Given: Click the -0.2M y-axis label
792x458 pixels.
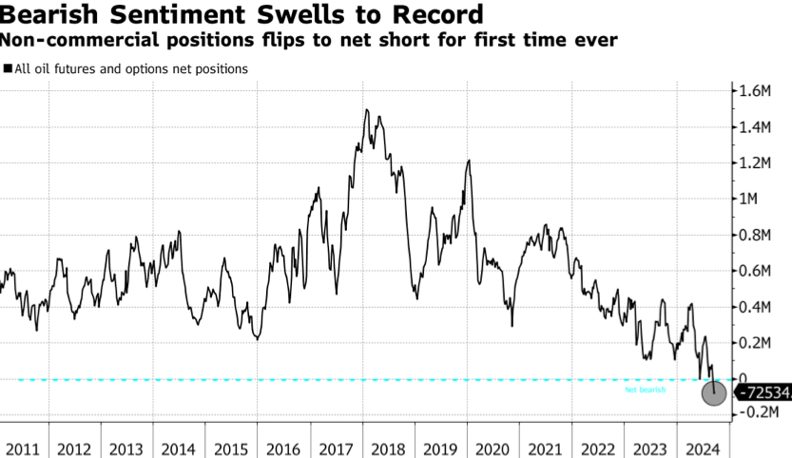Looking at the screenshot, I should (761, 413).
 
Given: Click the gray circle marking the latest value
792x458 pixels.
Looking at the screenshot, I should (713, 391).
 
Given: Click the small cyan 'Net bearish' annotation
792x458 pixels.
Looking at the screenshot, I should (645, 390).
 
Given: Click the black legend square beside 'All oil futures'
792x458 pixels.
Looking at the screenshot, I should (8, 68).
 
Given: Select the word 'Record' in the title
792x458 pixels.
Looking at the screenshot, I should (430, 15).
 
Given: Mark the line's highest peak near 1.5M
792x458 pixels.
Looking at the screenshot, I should (367, 110).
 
